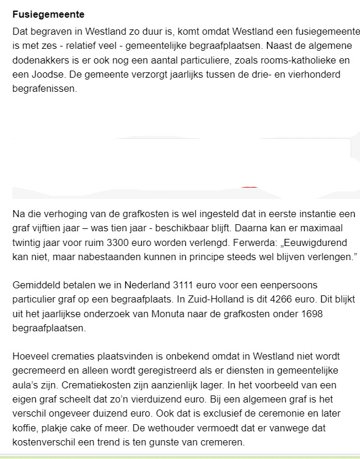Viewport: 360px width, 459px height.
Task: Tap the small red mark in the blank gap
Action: point(250,187)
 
